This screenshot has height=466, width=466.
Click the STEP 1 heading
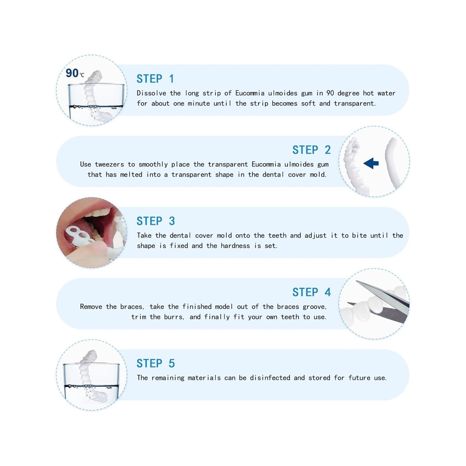(155, 79)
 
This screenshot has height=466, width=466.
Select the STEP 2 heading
(312, 150)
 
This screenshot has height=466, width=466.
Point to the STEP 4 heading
(312, 292)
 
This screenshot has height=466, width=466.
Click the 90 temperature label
(75, 73)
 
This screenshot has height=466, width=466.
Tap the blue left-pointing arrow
(371, 163)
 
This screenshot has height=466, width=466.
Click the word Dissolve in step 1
(151, 93)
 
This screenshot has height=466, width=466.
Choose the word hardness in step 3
(235, 246)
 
